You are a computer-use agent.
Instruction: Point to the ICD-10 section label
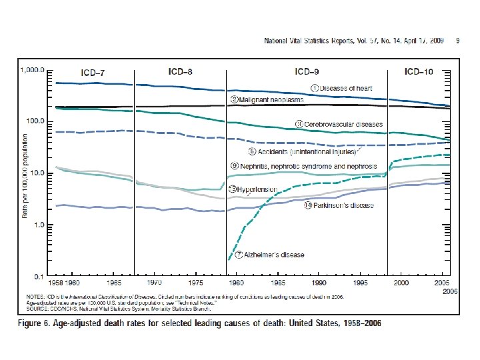point(421,71)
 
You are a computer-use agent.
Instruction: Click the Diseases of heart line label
point(345,88)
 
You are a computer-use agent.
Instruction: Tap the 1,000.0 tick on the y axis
point(33,69)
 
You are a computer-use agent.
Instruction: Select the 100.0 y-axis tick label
point(35,121)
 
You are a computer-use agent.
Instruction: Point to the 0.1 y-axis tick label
point(39,276)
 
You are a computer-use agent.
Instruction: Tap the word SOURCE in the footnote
point(37,309)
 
